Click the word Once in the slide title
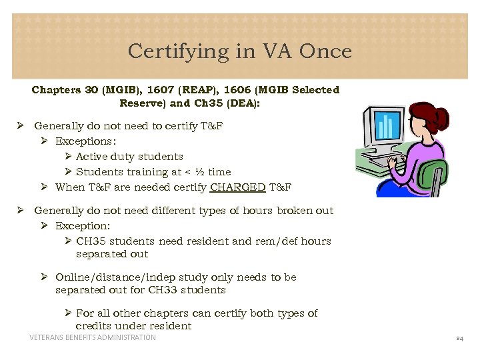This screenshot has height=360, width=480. [326, 51]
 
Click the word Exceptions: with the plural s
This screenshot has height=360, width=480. [85, 141]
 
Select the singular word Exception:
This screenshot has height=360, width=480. [83, 226]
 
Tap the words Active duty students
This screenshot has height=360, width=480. [129, 157]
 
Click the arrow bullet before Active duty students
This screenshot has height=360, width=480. [69, 157]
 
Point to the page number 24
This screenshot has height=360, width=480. [459, 338]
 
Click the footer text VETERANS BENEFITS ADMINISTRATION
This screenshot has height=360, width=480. [93, 338]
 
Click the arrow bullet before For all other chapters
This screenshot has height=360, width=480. [69, 313]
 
